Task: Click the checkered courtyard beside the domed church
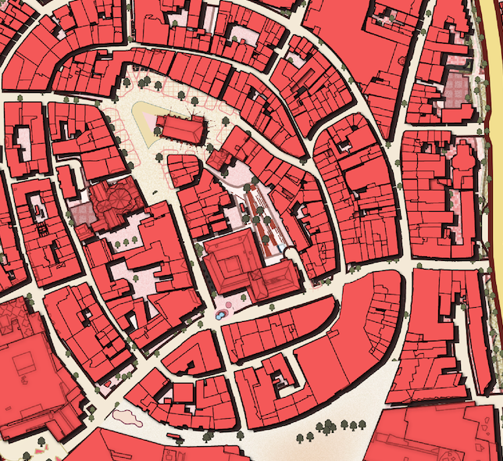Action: (81, 213)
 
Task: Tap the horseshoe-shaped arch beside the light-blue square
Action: (288, 250)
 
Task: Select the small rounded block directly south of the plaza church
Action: (184, 170)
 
